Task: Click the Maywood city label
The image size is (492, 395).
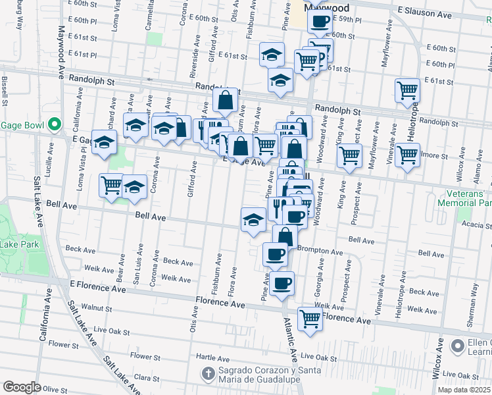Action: pyautogui.click(x=327, y=8)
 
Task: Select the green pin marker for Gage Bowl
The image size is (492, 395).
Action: pyautogui.click(x=55, y=124)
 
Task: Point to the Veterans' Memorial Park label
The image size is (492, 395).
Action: pyautogui.click(x=465, y=198)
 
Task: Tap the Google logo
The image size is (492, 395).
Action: pyautogui.click(x=22, y=387)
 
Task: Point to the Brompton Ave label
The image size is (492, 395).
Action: pyautogui.click(x=320, y=251)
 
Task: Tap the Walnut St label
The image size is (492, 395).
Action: pyautogui.click(x=97, y=307)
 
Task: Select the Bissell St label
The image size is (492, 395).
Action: pyautogui.click(x=5, y=91)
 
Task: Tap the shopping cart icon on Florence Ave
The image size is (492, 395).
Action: pyautogui.click(x=310, y=319)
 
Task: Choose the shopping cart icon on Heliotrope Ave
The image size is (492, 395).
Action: pyautogui.click(x=407, y=90)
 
